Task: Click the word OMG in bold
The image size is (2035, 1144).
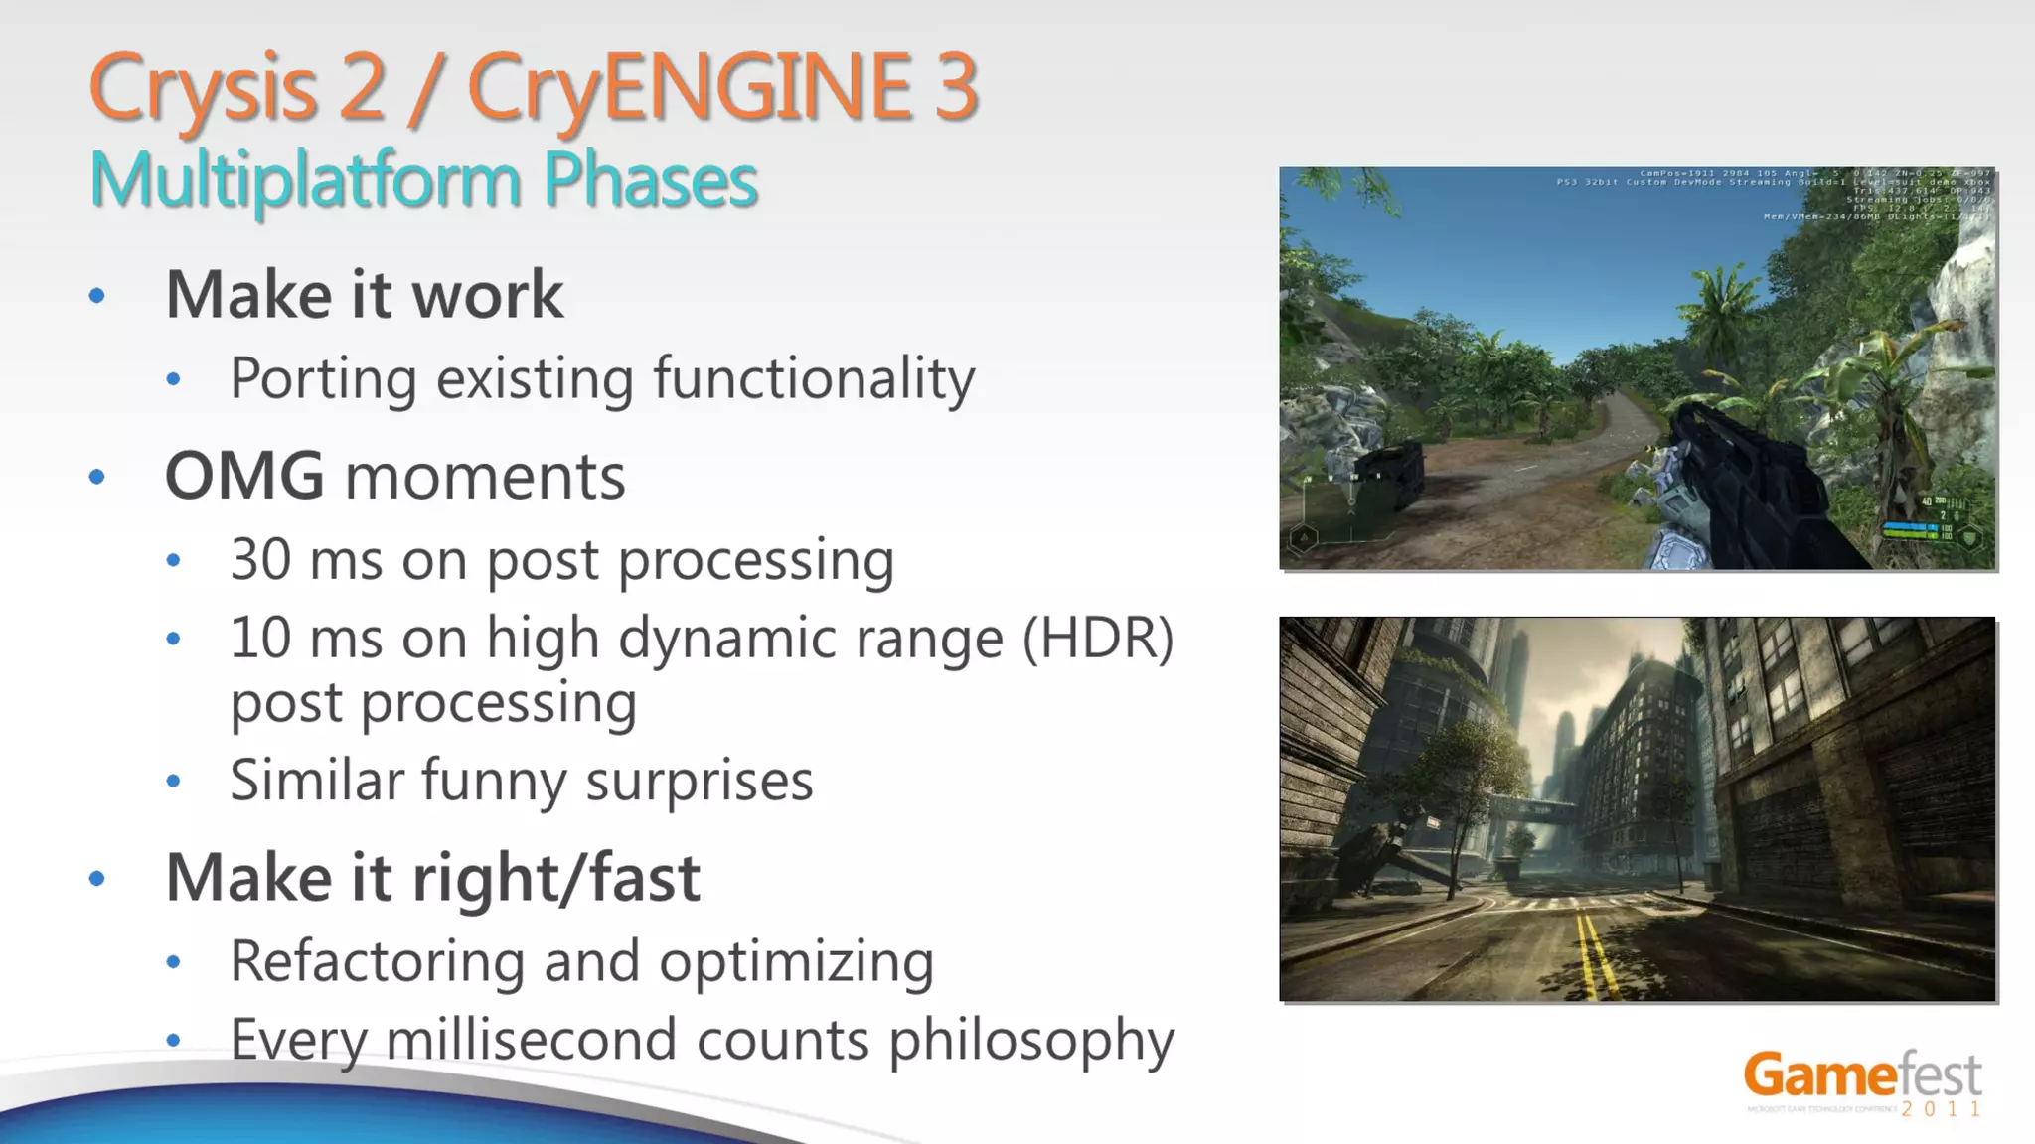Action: pos(244,476)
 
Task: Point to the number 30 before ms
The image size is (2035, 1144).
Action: pos(261,559)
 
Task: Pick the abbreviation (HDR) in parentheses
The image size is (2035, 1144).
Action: pos(1099,638)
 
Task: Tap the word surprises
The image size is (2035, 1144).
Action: pos(699,780)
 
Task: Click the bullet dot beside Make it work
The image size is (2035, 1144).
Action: pos(97,295)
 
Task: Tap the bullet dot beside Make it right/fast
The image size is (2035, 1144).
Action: pos(97,878)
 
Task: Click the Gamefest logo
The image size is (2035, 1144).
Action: pos(1862,1075)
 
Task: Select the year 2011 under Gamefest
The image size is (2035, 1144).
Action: pos(1942,1109)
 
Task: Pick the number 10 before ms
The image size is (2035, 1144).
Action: pos(261,638)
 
